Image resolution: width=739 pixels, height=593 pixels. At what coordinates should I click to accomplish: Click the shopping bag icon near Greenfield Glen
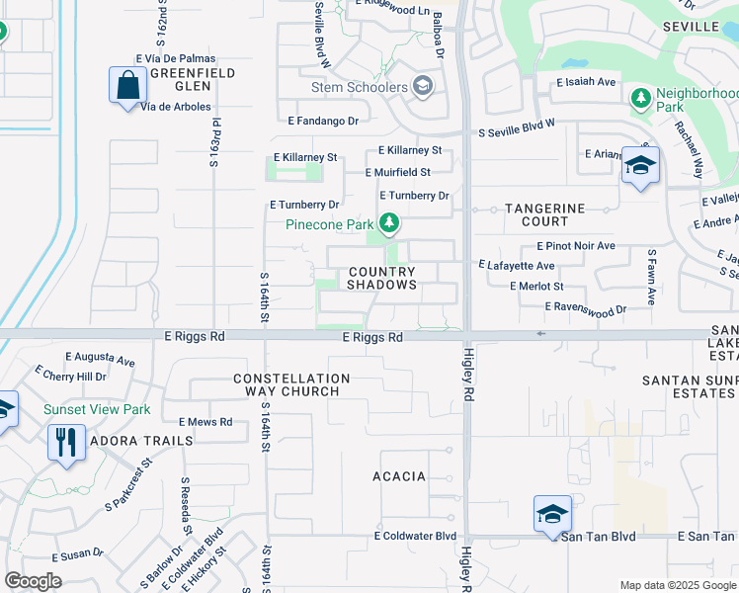(128, 85)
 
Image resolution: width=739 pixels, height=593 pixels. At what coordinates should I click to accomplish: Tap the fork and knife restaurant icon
(65, 442)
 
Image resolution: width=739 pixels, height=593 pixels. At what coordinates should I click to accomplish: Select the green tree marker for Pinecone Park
(390, 224)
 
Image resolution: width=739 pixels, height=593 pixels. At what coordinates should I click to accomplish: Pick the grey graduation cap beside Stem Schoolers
(424, 87)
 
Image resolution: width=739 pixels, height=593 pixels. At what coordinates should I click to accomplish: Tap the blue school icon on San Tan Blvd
(552, 514)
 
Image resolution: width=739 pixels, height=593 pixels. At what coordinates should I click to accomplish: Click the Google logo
(33, 581)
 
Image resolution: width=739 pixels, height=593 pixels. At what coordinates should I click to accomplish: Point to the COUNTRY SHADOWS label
(381, 278)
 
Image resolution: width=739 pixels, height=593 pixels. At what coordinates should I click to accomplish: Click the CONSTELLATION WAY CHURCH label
(291, 384)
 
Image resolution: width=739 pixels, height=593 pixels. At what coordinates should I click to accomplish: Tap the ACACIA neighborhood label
(399, 476)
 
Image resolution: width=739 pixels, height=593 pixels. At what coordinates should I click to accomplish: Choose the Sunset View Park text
(96, 409)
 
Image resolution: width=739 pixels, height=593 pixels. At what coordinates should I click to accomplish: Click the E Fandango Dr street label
(323, 121)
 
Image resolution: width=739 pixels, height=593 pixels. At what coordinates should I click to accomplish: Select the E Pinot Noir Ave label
(576, 245)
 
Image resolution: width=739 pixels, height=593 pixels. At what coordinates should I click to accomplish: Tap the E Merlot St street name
(536, 286)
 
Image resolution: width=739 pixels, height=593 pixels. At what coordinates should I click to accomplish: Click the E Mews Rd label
(205, 422)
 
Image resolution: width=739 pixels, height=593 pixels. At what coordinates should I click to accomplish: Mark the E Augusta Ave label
(100, 360)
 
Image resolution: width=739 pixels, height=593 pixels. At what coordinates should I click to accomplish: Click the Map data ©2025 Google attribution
(678, 584)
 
